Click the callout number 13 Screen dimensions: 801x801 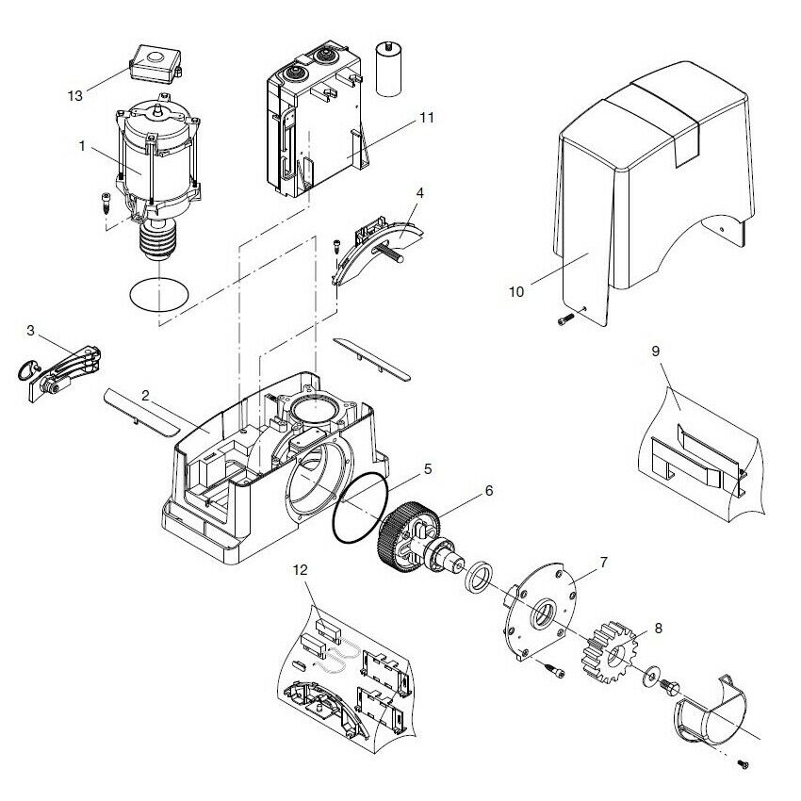pos(74,95)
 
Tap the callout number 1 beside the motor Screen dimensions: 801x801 pos(83,146)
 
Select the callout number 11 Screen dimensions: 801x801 pos(426,117)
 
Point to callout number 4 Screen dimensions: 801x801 pos(419,192)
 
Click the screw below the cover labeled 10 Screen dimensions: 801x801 pos(564,321)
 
